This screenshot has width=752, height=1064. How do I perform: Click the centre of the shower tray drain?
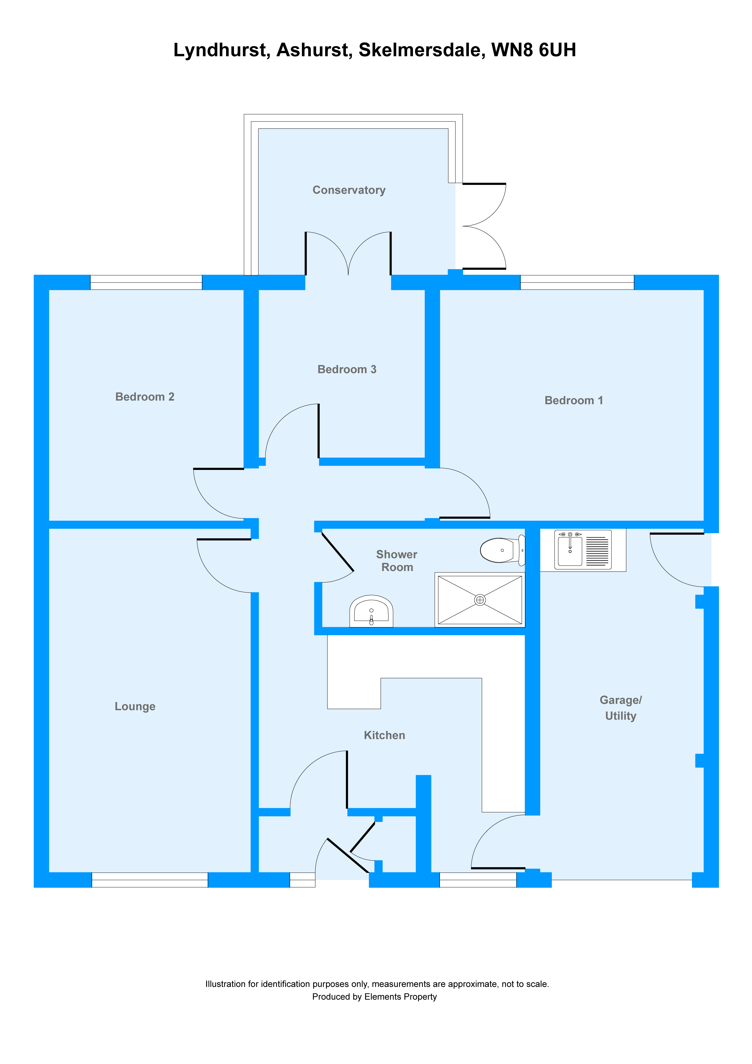tap(480, 600)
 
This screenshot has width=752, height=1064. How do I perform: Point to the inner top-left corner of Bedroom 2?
tap(49, 290)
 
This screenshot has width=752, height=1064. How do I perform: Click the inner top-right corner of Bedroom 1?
tap(704, 290)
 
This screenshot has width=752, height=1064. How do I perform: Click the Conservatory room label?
tap(349, 190)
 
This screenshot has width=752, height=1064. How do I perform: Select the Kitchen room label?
tap(384, 735)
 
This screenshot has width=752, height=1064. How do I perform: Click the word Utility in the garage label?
tap(621, 716)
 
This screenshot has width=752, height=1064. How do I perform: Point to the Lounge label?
tap(135, 706)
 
